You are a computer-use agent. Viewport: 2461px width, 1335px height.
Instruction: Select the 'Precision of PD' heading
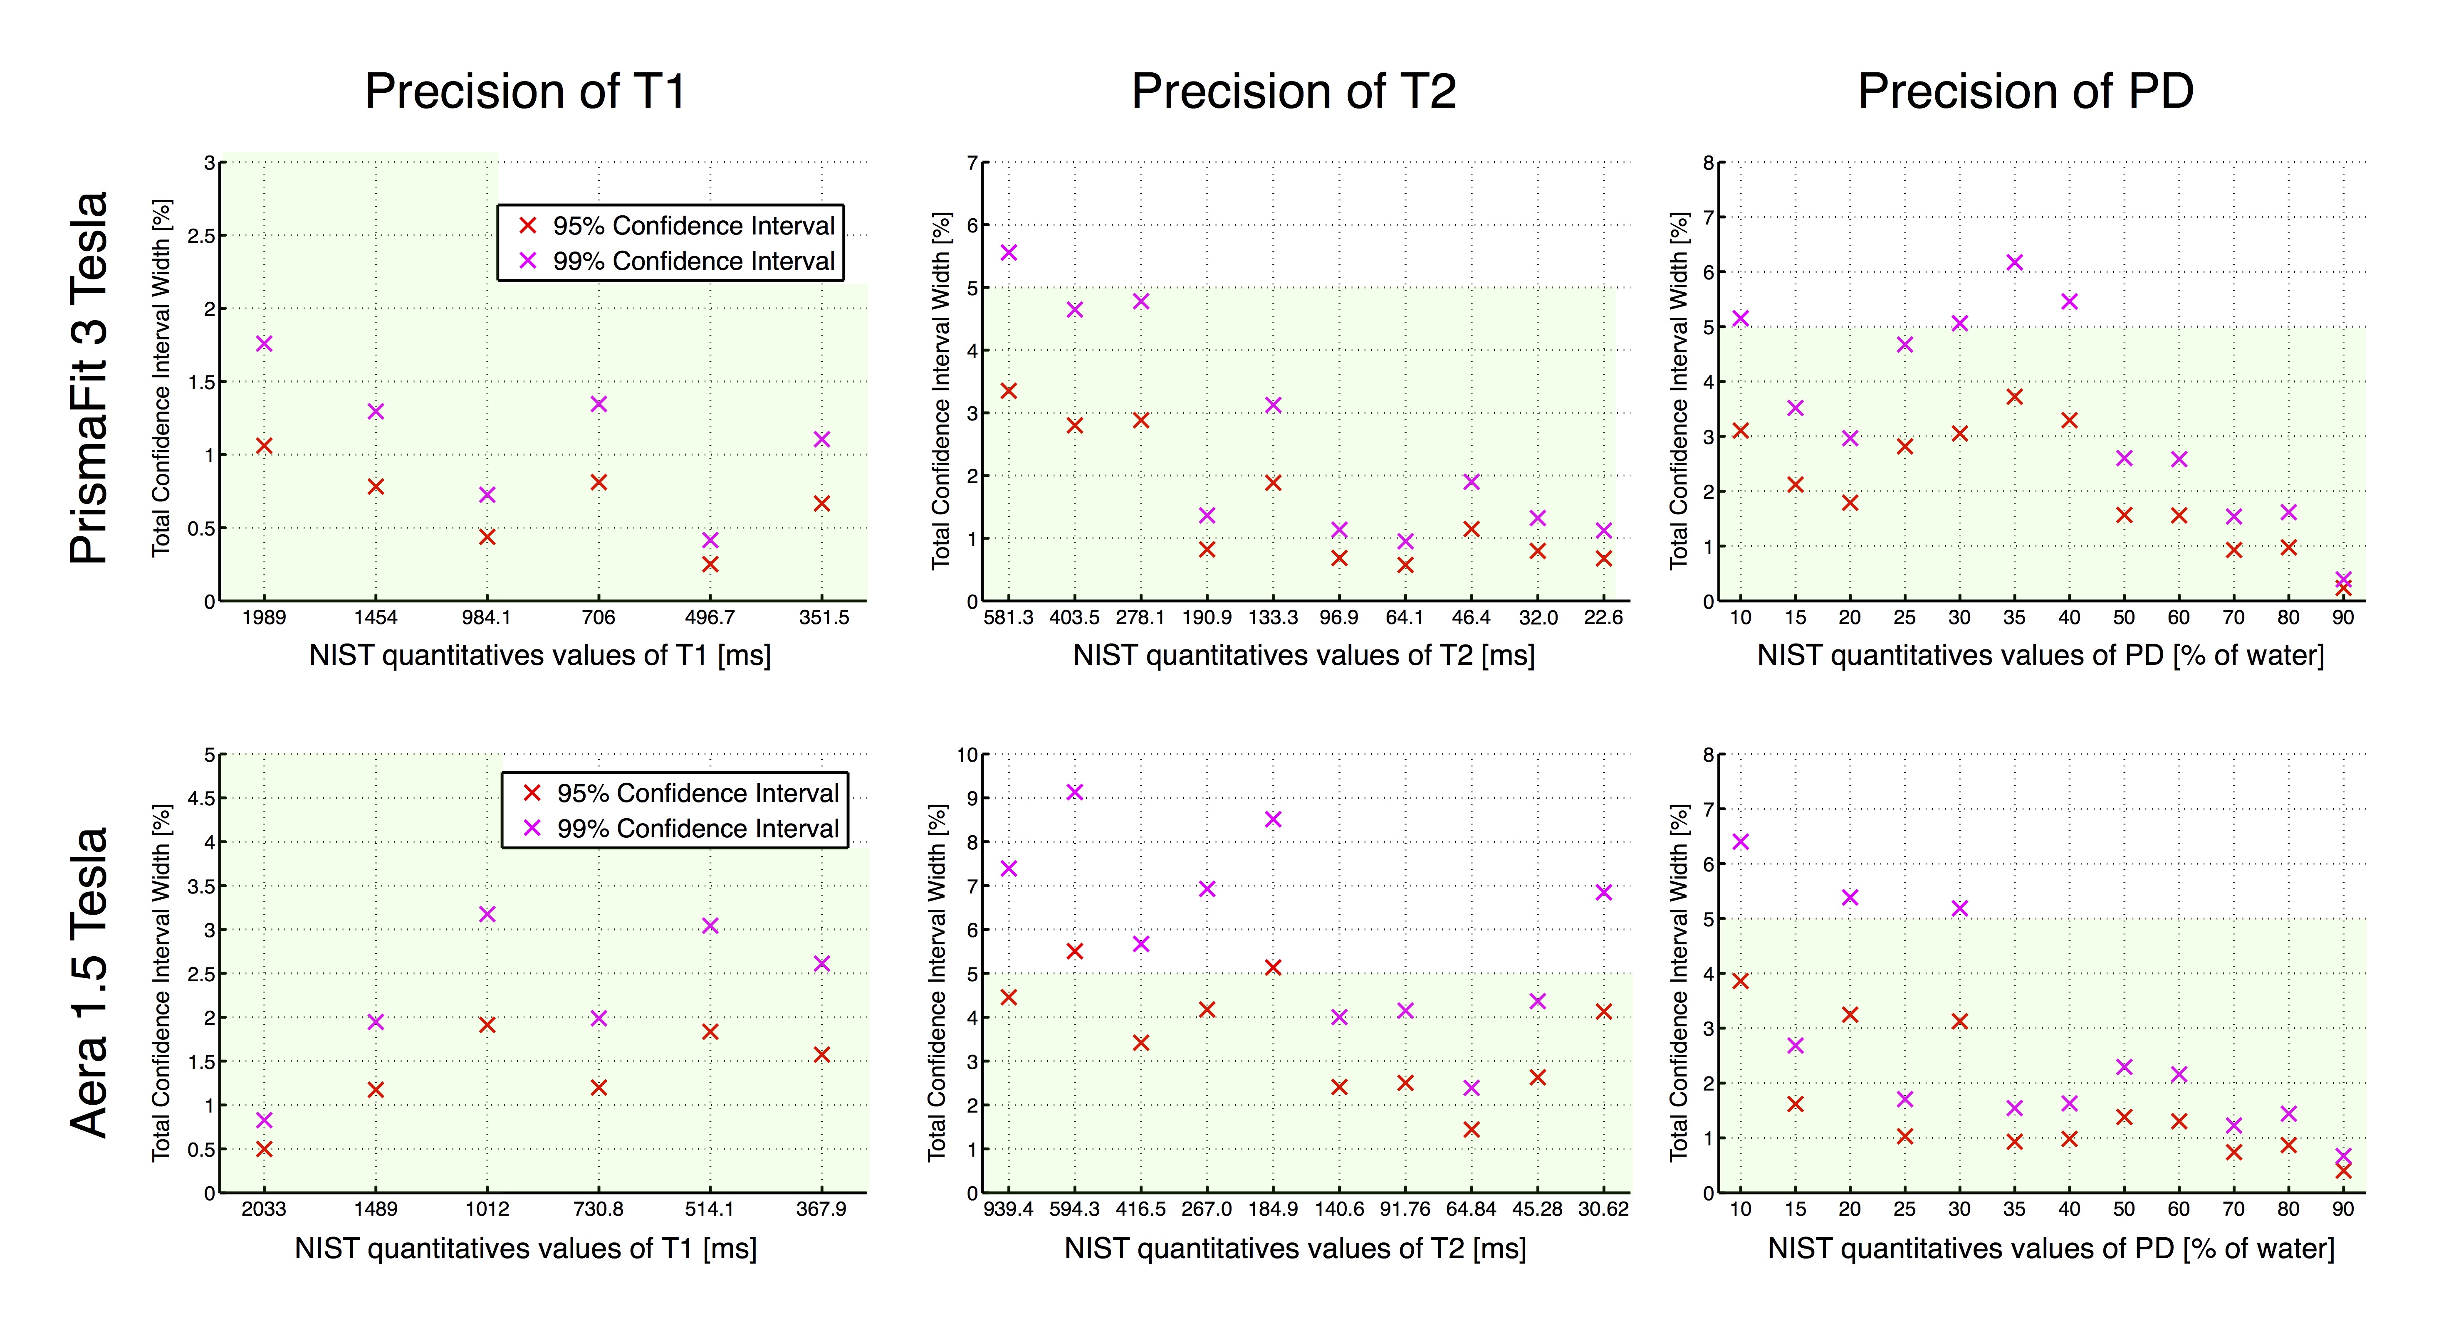coord(2026,91)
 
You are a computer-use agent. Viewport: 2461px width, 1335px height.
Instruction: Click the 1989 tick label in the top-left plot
coord(264,618)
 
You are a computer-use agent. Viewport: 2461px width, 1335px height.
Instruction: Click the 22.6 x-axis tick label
coord(1603,618)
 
